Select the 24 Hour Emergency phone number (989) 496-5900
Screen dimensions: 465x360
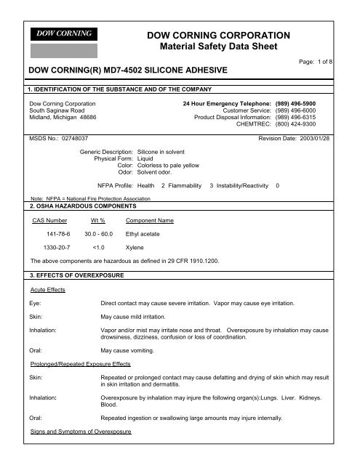click(x=306, y=104)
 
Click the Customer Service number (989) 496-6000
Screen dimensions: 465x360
click(x=306, y=111)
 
